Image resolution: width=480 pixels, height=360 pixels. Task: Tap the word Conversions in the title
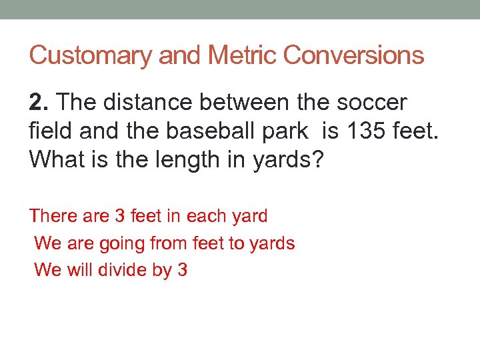tap(353, 55)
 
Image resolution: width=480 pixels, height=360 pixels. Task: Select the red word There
tap(53, 216)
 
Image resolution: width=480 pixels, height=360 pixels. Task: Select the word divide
tap(124, 270)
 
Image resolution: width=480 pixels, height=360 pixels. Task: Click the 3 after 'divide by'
tap(182, 270)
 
